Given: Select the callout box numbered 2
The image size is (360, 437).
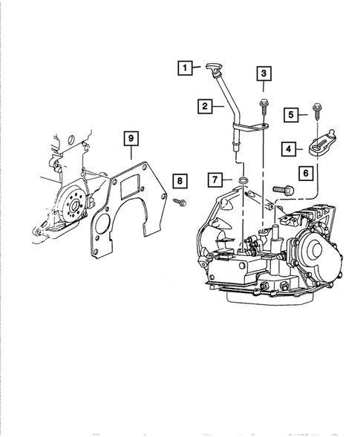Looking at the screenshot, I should click(203, 107).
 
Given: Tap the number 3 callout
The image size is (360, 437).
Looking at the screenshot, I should click(264, 73).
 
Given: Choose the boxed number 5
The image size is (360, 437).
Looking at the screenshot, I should click(293, 114).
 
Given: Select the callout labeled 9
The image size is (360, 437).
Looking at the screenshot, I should click(130, 138).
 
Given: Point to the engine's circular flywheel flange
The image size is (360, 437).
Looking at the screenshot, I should click(73, 203).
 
